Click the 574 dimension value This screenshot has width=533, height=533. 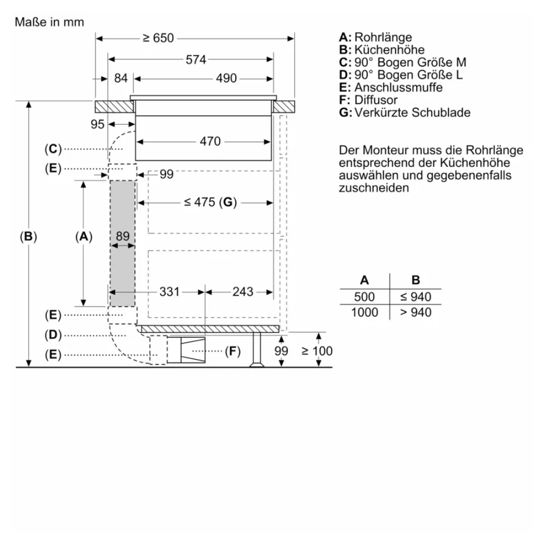(196, 60)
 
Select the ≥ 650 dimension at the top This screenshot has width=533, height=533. (158, 39)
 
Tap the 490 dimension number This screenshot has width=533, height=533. (226, 78)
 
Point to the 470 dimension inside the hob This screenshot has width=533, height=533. (210, 142)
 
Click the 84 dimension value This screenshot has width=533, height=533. (121, 78)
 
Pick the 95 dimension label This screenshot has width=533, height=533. (96, 124)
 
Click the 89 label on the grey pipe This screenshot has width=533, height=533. (123, 237)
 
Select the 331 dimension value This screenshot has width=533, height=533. (169, 292)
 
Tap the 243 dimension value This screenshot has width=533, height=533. (243, 292)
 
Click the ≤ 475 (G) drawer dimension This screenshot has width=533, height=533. (210, 202)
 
